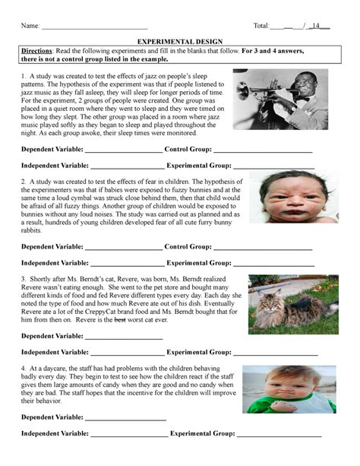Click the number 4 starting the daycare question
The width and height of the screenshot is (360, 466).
(24, 366)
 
